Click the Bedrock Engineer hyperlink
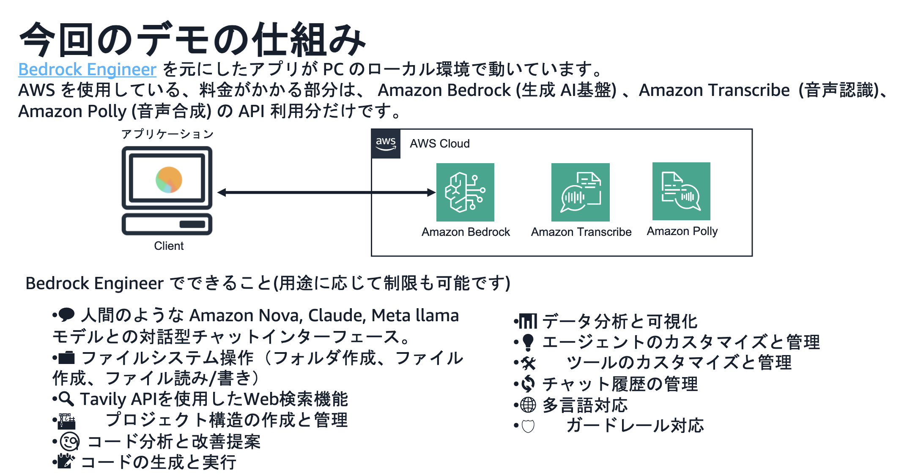coord(87,70)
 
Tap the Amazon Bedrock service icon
coord(465,192)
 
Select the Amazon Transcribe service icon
coord(580,192)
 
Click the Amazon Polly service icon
coord(681,191)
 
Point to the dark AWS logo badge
coord(386,144)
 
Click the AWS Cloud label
coord(439,144)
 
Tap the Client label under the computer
coord(169,246)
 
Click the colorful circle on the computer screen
coord(169,180)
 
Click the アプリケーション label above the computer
coord(167,134)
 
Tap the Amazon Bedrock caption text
coord(466,232)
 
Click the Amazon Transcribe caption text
coord(581,232)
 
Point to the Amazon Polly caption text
coord(682,231)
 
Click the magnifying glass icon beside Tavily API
coord(66,399)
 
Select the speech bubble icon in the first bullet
coord(66,315)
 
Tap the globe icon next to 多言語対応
coord(528,405)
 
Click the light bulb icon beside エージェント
coord(528,342)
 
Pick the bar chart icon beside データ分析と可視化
coord(528,321)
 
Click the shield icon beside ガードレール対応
coord(528,426)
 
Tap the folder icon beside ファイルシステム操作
coord(66,358)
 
